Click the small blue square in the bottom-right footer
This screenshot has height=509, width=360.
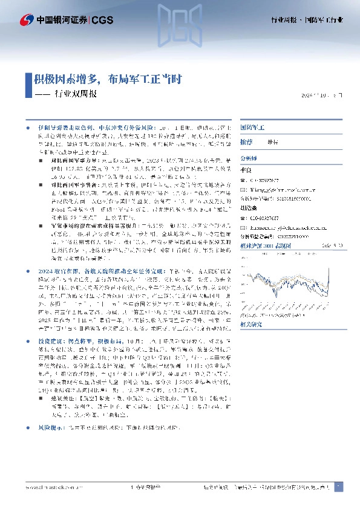[338, 487]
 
